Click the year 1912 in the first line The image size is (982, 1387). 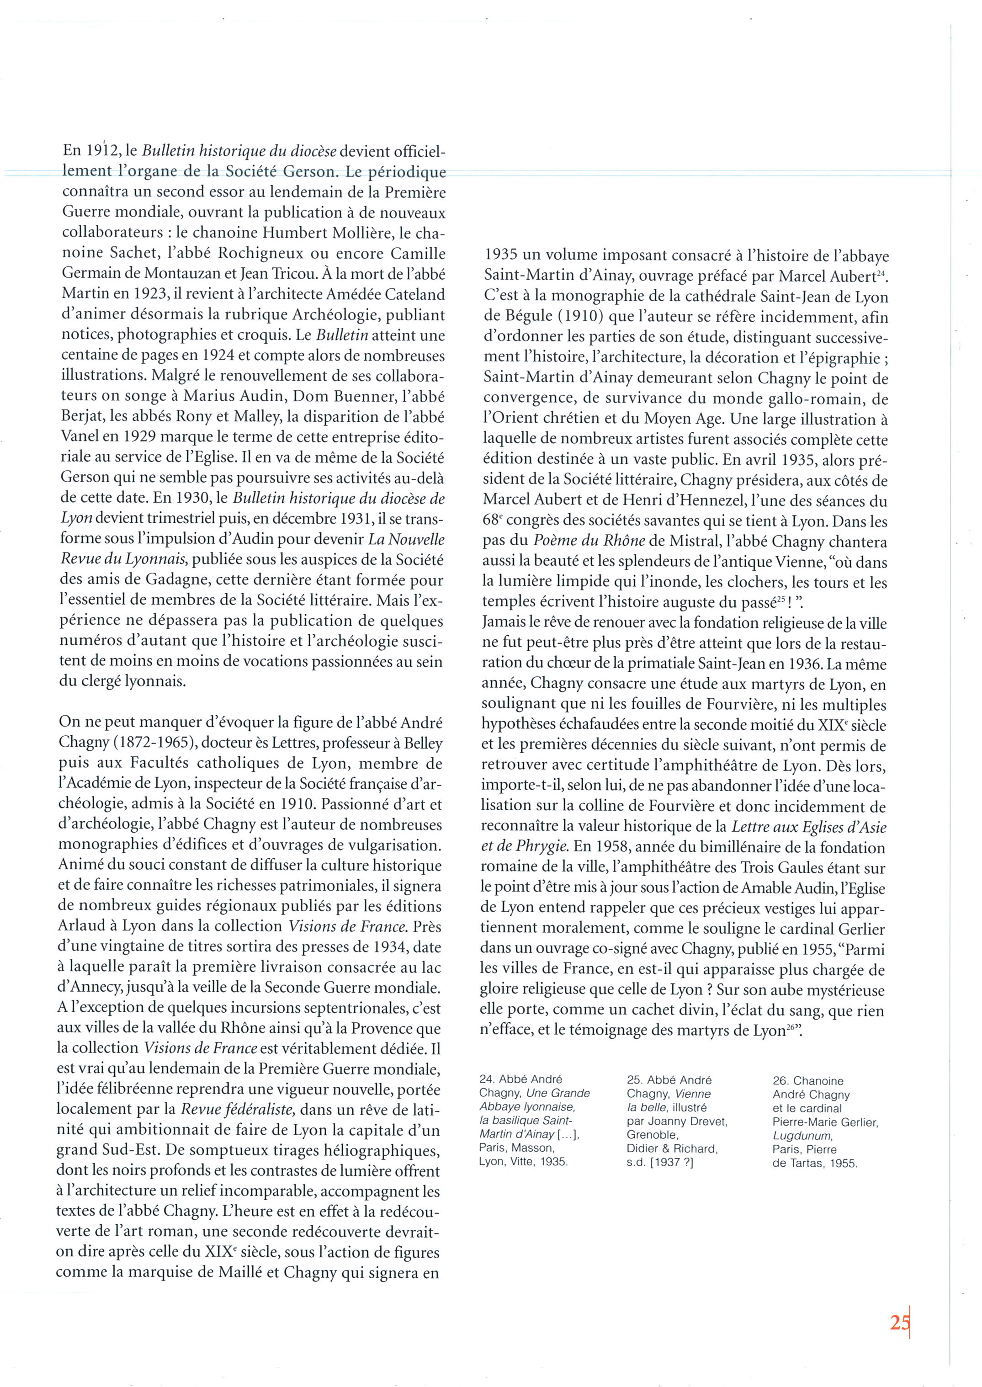(99, 150)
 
